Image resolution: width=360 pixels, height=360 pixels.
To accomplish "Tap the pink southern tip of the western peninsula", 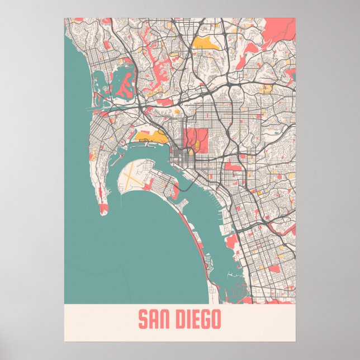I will click(103, 210).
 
